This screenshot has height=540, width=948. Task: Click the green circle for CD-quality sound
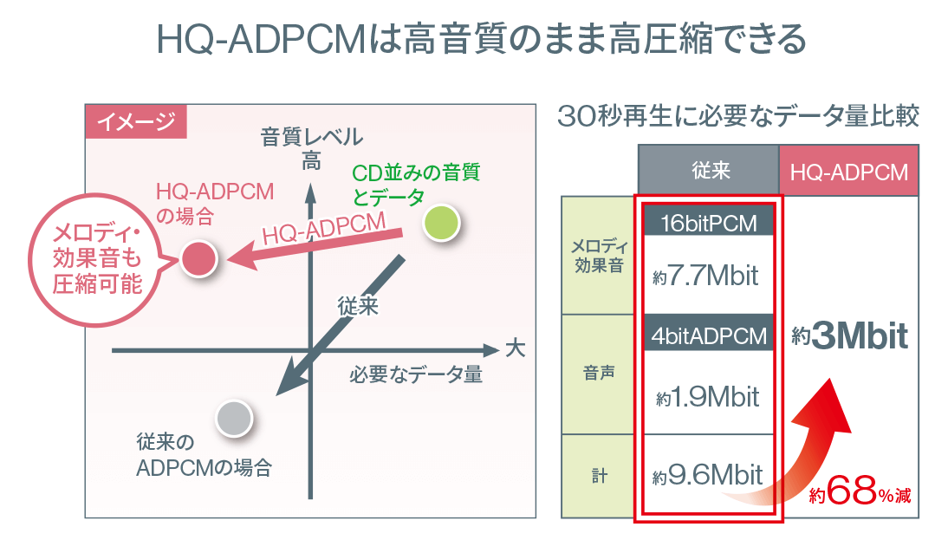tap(441, 223)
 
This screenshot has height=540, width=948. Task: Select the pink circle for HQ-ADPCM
tap(199, 259)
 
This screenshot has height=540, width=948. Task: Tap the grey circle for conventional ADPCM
tap(234, 418)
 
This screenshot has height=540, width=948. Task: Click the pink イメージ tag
tap(136, 121)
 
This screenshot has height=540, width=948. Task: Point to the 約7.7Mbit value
tap(705, 276)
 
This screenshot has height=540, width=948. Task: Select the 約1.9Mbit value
tap(707, 397)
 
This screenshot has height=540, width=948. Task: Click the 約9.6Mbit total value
tap(707, 475)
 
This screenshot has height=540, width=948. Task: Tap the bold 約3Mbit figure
tap(850, 336)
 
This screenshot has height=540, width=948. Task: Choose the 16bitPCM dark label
tap(709, 223)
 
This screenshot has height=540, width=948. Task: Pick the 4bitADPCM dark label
tap(709, 335)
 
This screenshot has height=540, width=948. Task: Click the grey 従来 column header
tap(709, 170)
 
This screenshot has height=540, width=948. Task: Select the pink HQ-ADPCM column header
tap(849, 171)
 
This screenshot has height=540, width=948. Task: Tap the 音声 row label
tap(599, 373)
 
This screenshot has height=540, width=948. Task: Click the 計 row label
tap(599, 476)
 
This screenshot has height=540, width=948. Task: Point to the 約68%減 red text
tap(860, 491)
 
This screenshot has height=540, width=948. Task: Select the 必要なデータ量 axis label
tap(415, 375)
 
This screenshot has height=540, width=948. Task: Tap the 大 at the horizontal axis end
tap(515, 348)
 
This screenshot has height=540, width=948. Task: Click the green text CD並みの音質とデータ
tap(416, 185)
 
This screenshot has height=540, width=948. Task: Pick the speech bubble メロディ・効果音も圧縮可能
tap(97, 259)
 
